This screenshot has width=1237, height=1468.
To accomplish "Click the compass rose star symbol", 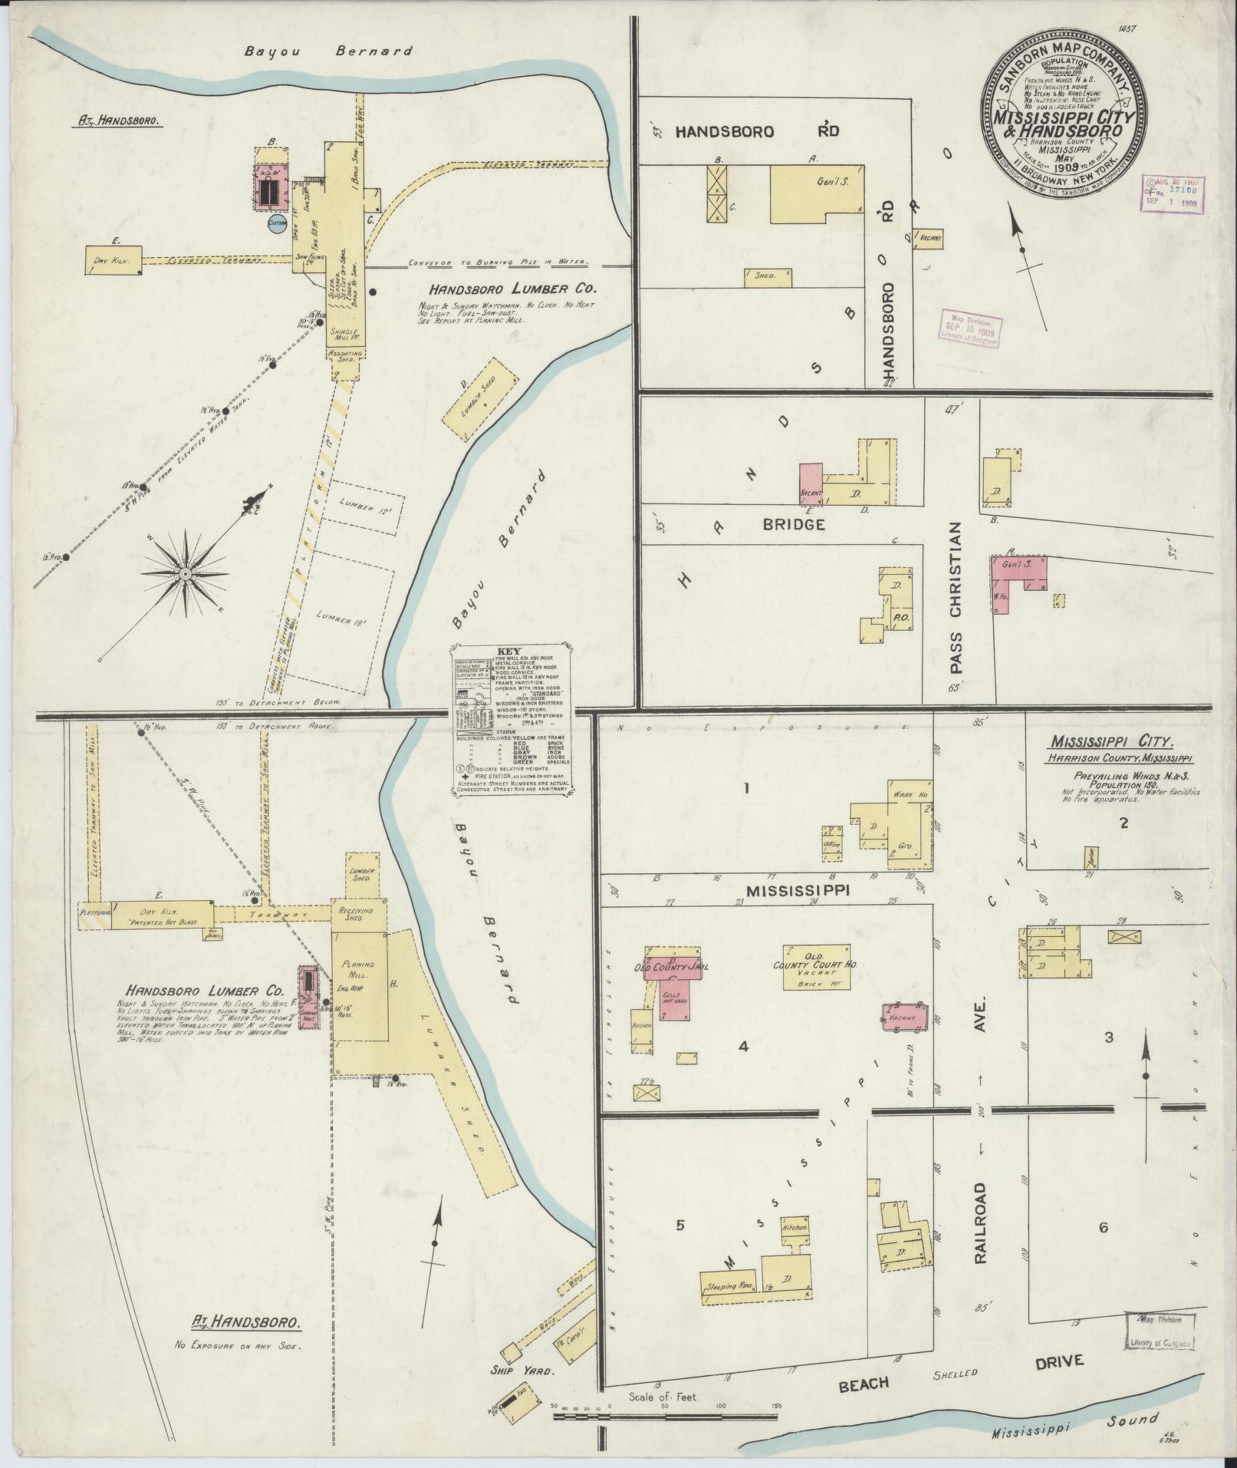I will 186,573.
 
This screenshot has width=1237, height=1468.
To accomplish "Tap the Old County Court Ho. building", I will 816,968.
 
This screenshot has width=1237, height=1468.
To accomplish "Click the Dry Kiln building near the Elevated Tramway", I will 114,259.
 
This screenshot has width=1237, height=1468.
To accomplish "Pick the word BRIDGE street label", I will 794,525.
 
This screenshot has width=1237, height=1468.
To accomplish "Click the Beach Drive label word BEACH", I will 864,1384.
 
